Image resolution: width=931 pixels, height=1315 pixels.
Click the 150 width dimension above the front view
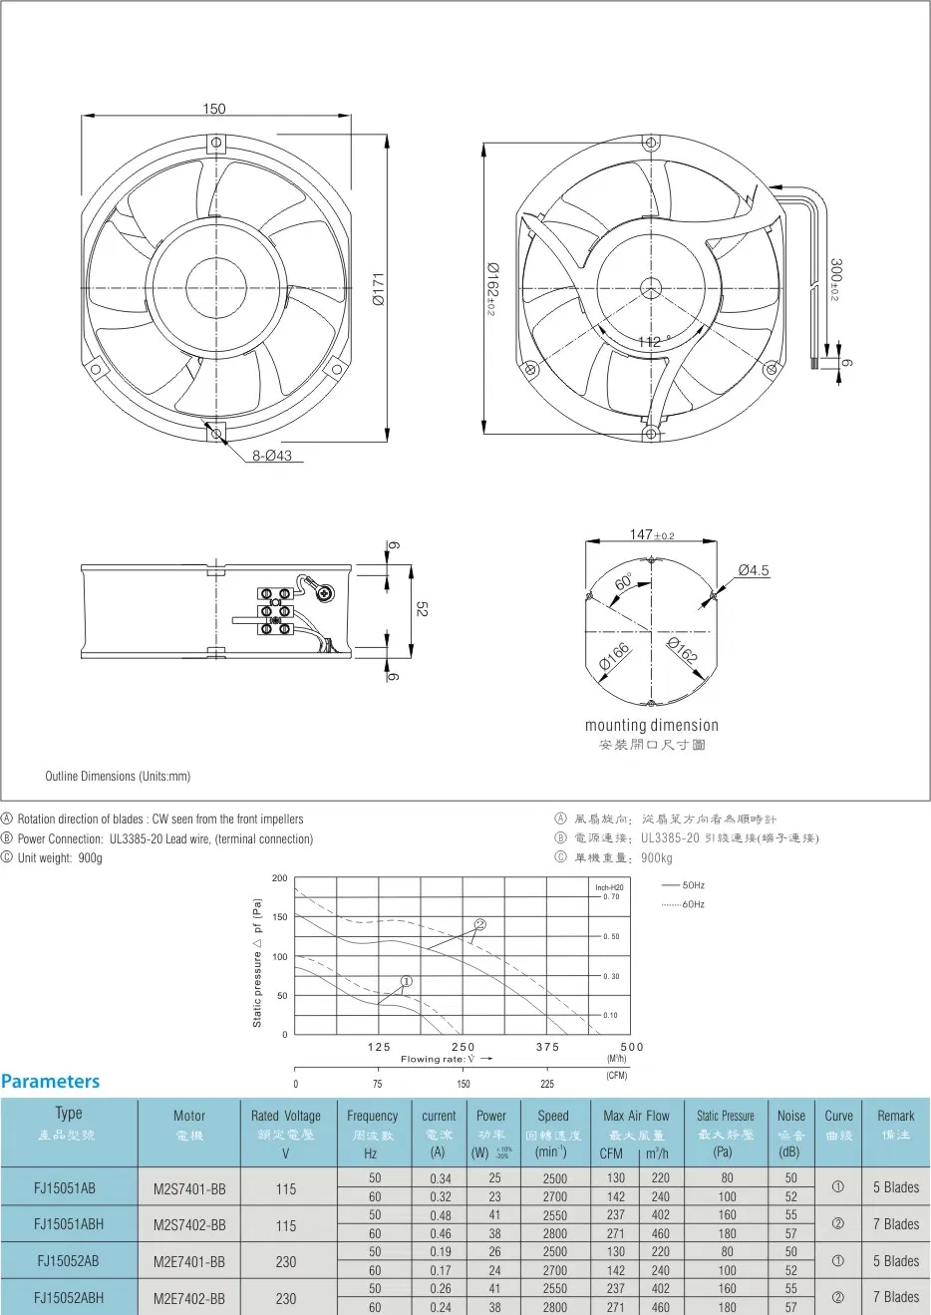214,109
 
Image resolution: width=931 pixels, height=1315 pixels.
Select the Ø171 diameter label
379,289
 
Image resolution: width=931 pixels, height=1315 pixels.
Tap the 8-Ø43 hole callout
271,456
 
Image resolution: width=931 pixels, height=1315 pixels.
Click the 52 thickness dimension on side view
421,608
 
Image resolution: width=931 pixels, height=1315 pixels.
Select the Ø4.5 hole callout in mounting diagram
754,570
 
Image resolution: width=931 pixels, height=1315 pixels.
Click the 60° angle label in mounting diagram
624,582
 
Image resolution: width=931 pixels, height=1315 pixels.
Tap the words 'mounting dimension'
651,725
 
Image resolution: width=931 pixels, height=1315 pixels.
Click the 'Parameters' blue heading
51,1082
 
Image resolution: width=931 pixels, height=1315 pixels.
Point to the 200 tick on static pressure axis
279,878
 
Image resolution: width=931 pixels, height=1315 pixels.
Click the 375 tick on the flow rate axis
547,1047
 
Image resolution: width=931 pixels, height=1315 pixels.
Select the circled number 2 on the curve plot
480,924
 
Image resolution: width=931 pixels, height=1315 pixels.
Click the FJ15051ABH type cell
69,1224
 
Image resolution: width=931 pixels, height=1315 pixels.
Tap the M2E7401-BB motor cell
189,1261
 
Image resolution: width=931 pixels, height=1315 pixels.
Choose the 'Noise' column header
791,1116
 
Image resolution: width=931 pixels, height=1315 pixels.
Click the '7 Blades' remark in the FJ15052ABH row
896,1297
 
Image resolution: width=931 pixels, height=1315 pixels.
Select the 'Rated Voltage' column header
286,1116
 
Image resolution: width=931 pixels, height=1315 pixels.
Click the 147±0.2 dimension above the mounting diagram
652,535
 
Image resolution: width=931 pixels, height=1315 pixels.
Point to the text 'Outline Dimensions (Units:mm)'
118,776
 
